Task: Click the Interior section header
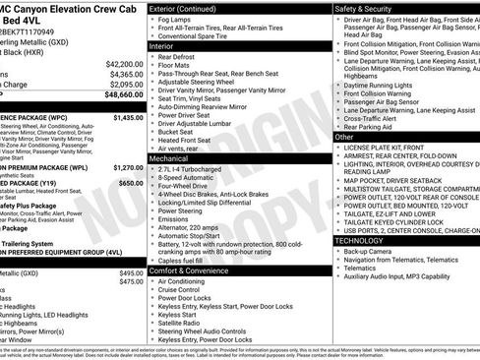[161, 45]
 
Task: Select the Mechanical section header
[169, 157]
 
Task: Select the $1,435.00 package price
[128, 117]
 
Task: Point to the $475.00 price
[131, 282]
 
